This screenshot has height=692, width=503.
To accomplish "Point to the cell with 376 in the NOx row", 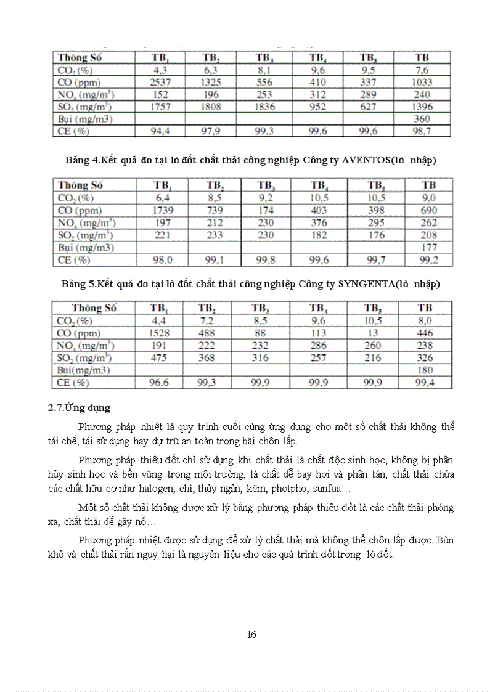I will tap(318, 223).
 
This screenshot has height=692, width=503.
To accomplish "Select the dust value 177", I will tap(429, 248).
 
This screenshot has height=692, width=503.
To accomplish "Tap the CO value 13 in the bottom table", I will tap(373, 333).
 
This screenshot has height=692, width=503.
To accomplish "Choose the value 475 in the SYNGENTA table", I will tap(158, 358).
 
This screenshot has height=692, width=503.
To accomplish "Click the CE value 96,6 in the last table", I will tap(158, 383).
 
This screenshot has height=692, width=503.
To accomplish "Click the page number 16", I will tap(251, 635).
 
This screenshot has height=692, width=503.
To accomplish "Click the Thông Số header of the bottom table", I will tap(93, 308).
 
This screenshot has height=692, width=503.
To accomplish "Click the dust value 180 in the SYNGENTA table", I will tap(425, 370).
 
